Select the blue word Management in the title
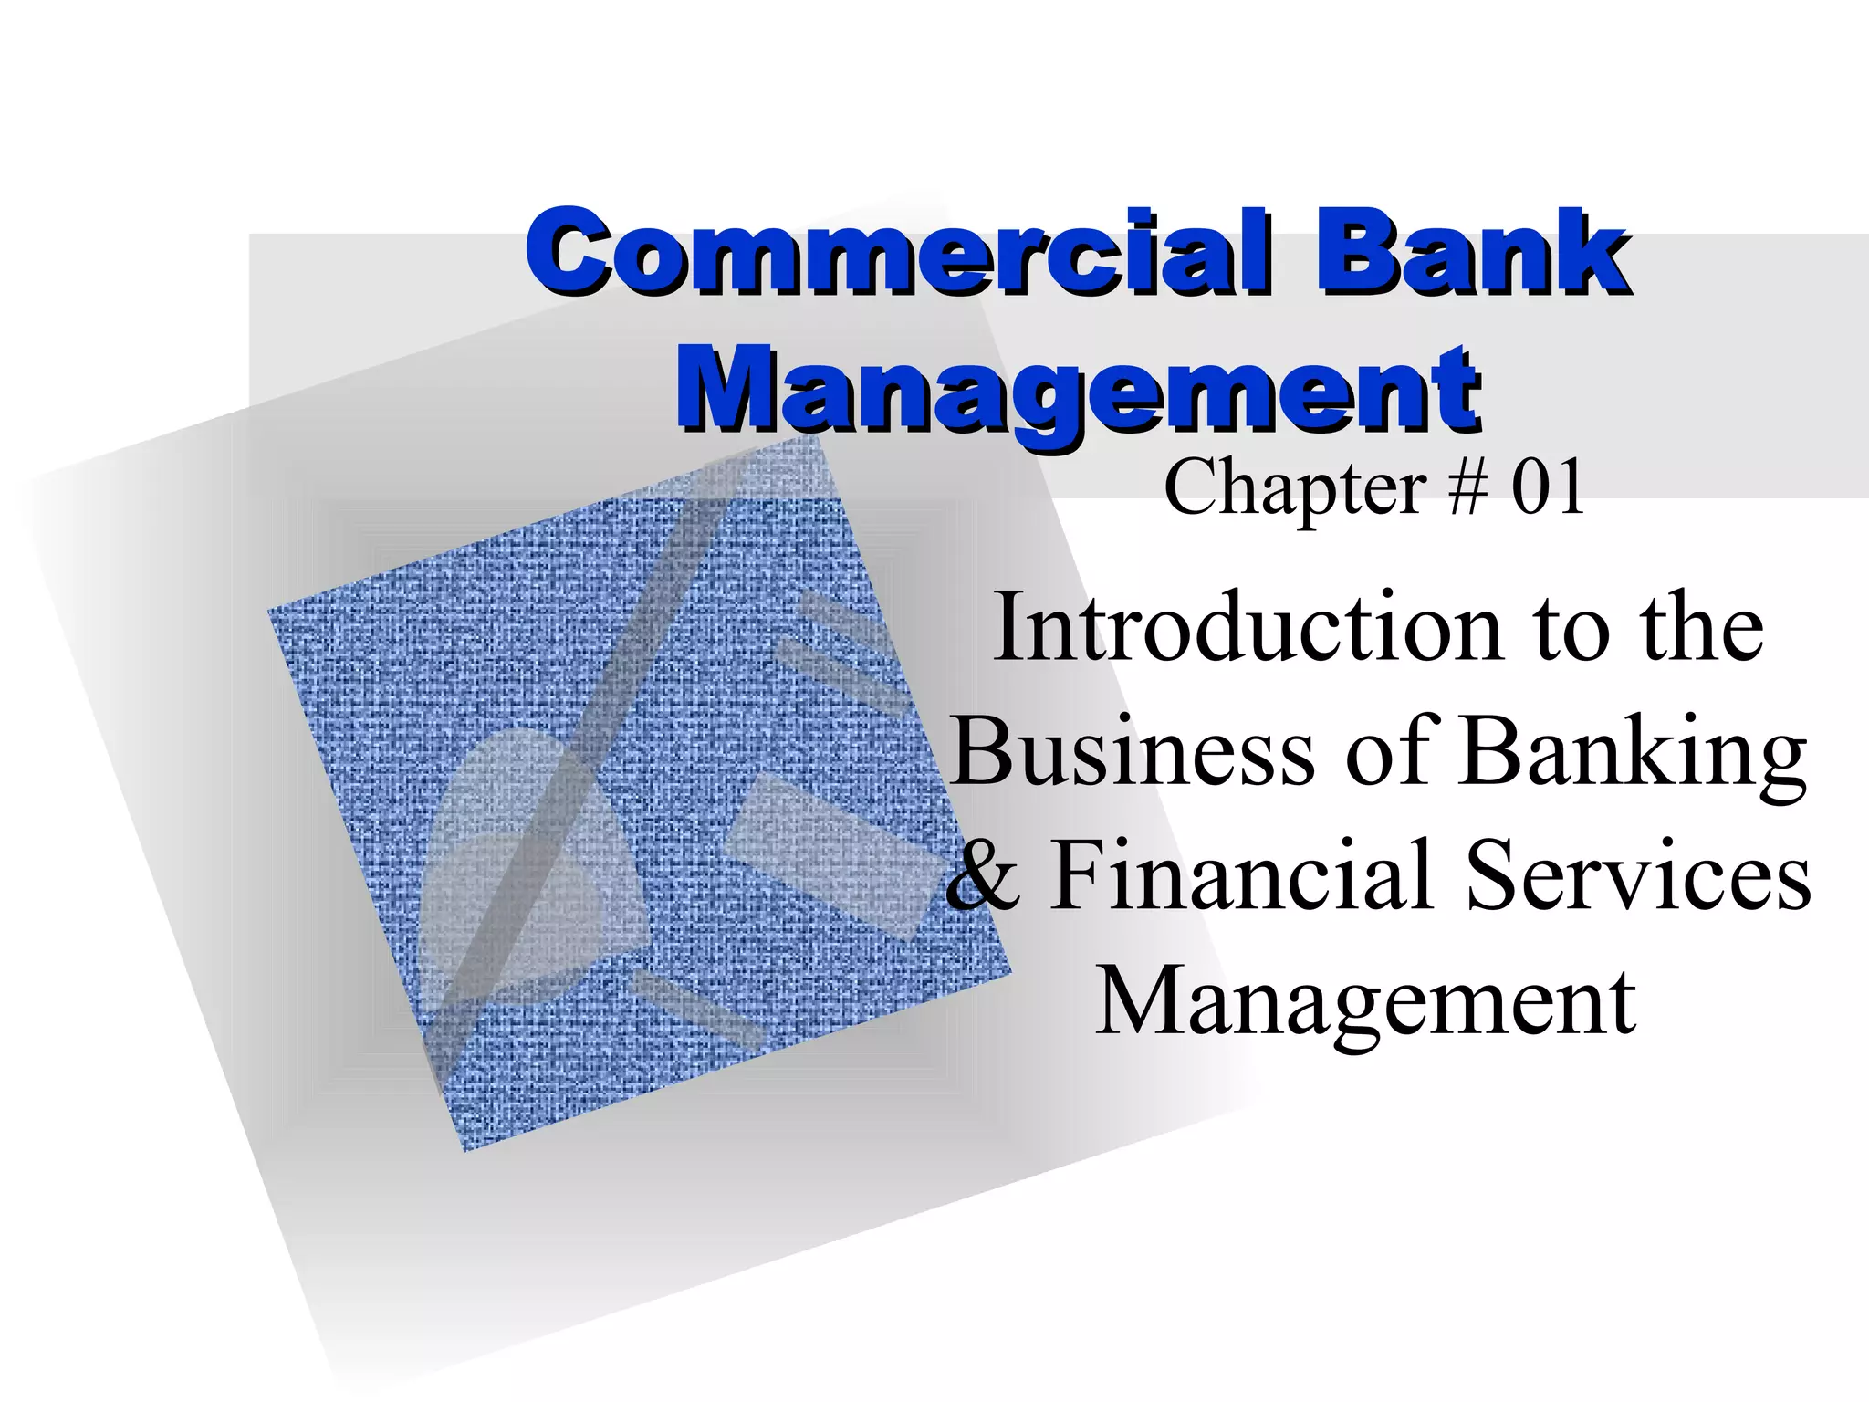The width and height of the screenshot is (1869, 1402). pyautogui.click(x=1077, y=391)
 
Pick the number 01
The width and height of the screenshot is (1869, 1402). pyautogui.click(x=1548, y=489)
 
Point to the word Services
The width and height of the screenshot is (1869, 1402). pyautogui.click(x=1638, y=876)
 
